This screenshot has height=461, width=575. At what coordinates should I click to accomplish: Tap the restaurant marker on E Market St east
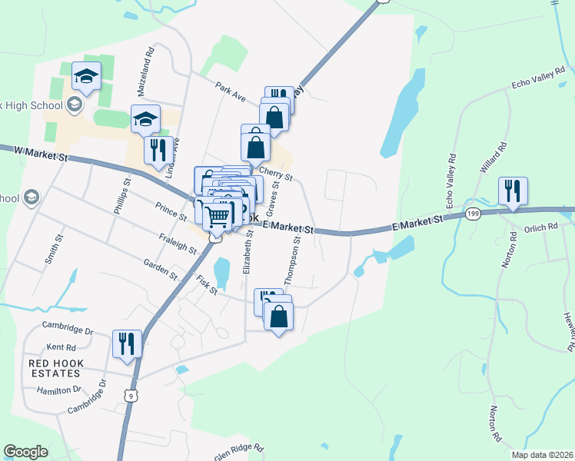[x=513, y=191]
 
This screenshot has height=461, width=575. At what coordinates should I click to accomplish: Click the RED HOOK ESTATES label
[x=54, y=368]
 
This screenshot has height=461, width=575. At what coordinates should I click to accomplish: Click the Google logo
[x=25, y=452]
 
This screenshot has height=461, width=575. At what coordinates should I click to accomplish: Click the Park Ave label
[x=230, y=92]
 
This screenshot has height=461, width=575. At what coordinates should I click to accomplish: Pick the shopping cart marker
[x=218, y=215]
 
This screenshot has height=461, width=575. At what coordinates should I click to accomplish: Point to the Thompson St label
[x=293, y=261]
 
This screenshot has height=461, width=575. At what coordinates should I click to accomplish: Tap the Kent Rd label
[x=59, y=347]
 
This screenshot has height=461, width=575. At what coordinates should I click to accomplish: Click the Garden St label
[x=160, y=269]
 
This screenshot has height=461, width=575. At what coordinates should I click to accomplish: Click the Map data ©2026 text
[x=540, y=454]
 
